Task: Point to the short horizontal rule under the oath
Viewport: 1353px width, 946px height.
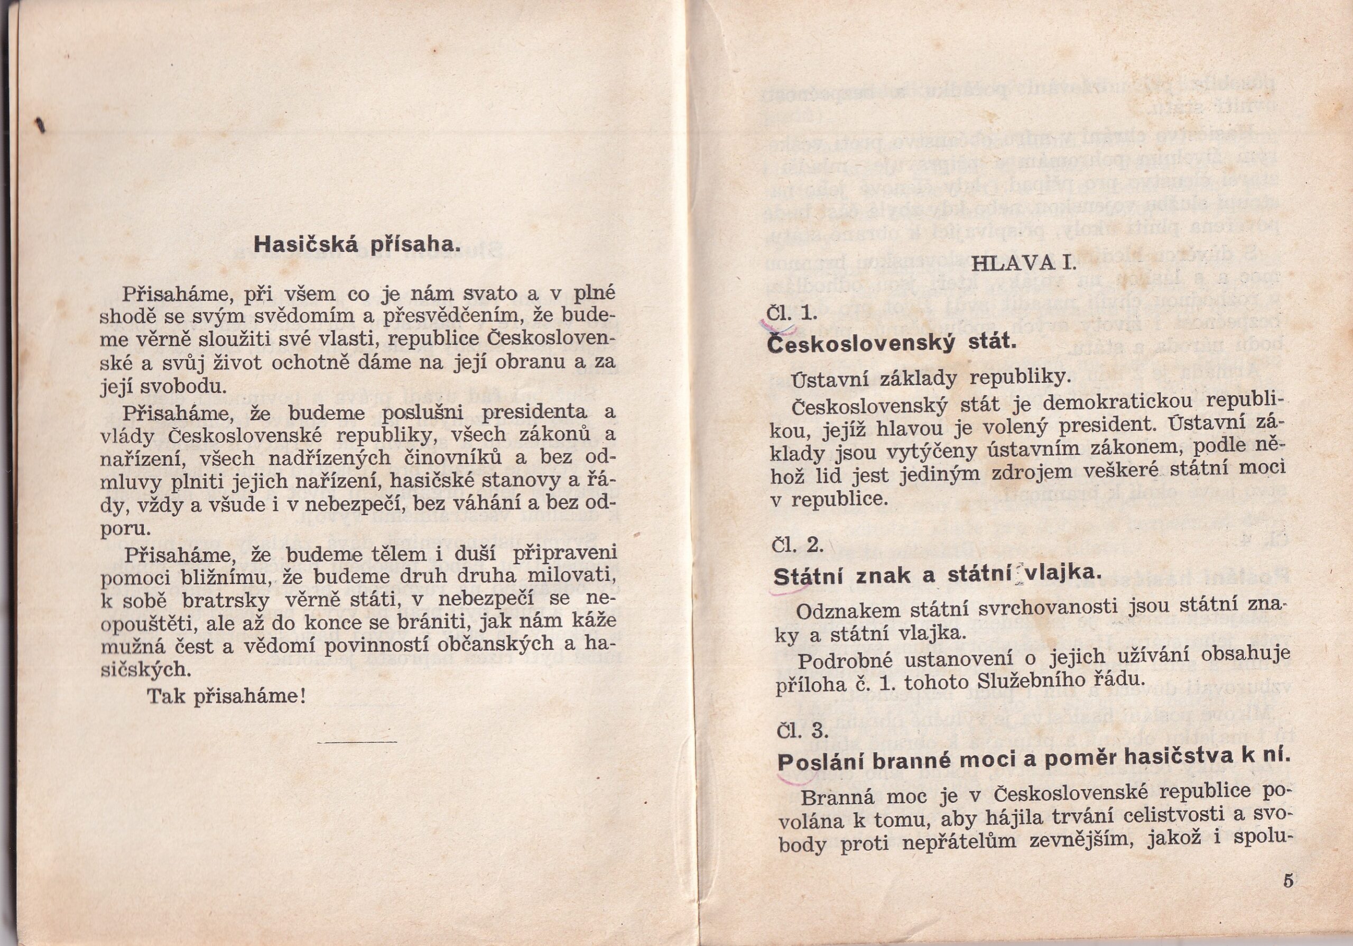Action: point(357,741)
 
